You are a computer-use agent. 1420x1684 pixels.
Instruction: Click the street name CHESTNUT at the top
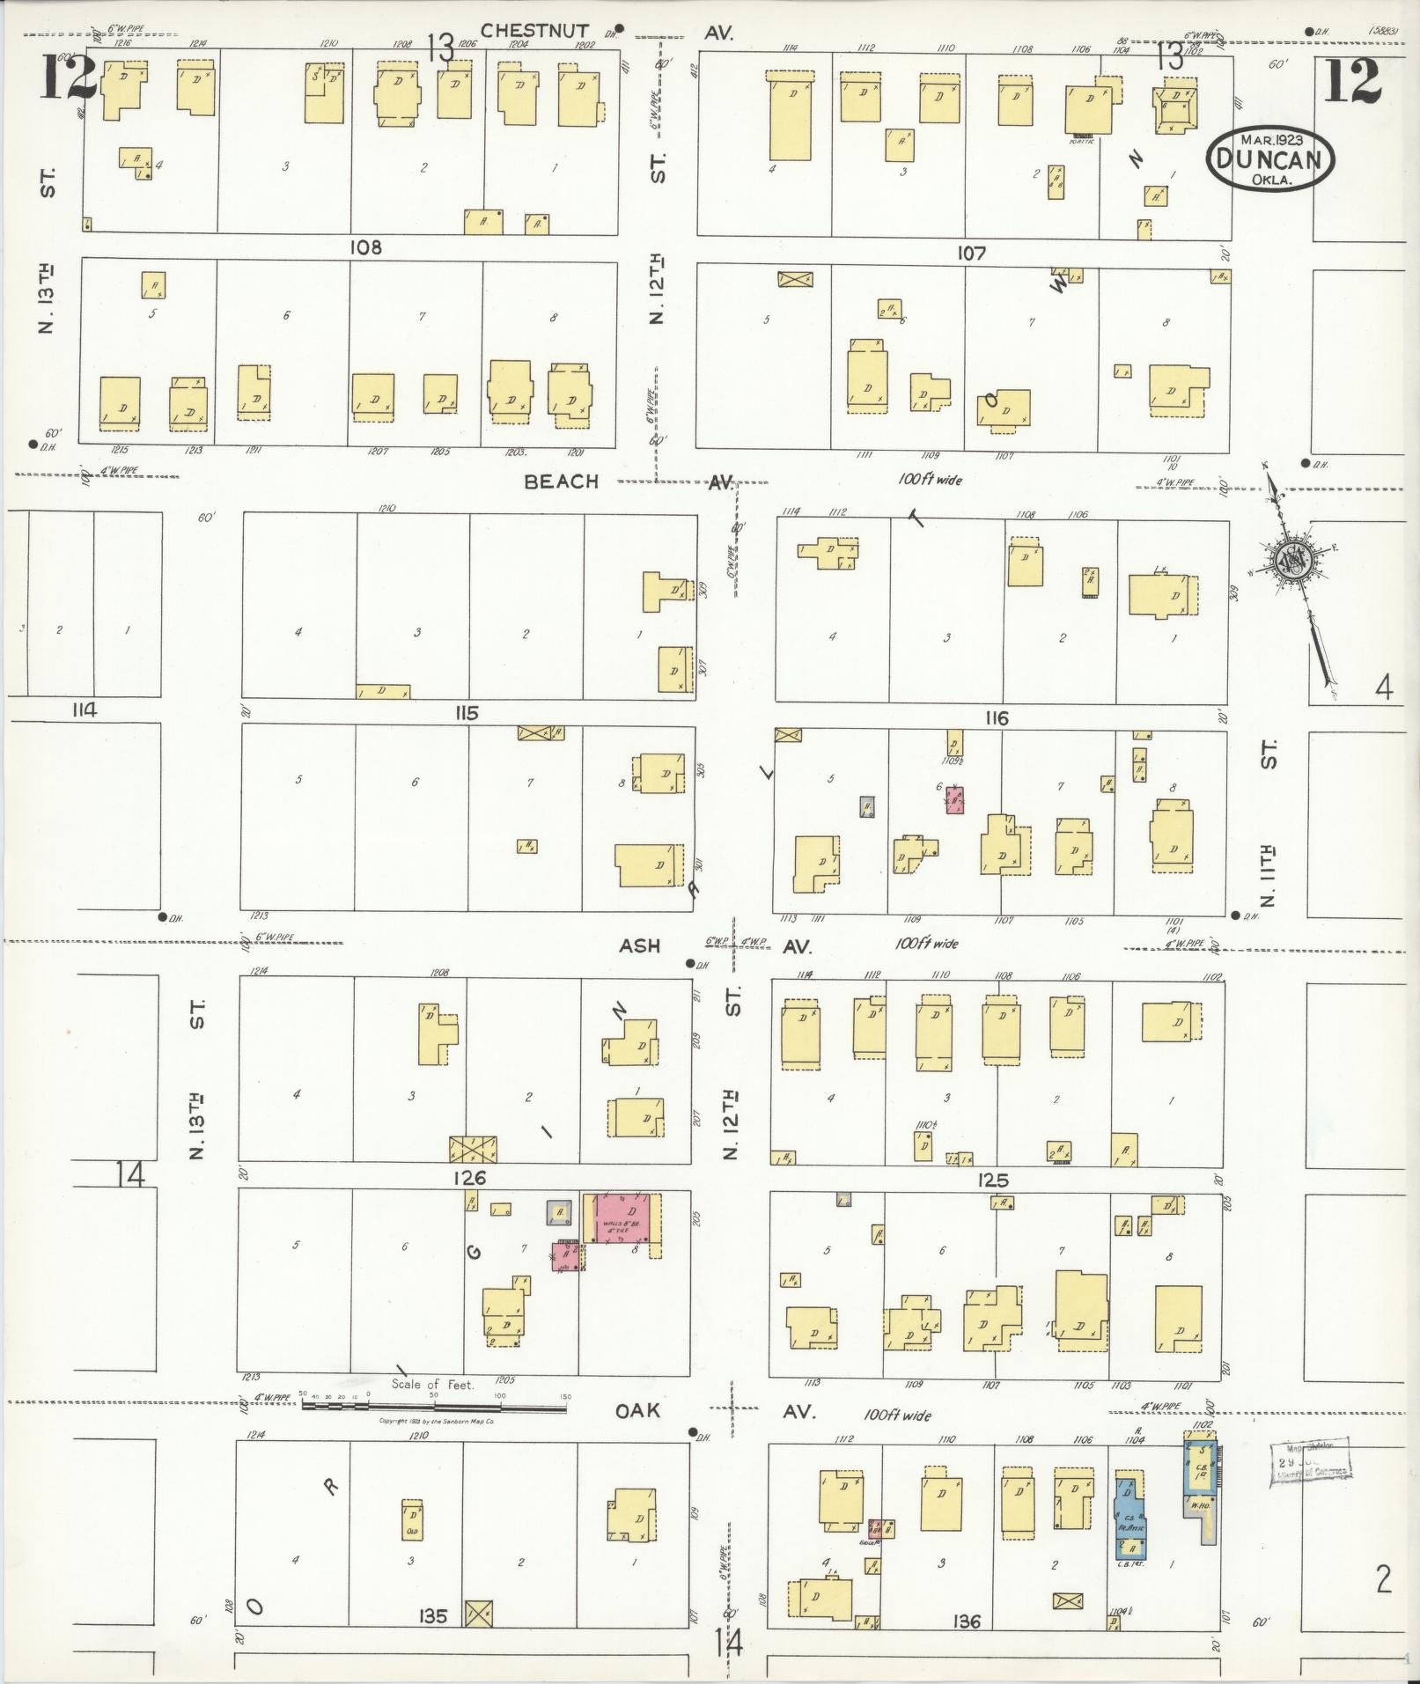tap(534, 31)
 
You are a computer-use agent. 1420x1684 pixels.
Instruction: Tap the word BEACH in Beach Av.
tap(561, 482)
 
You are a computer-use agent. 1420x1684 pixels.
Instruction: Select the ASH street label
tap(639, 945)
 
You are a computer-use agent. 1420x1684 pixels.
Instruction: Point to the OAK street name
tap(638, 1411)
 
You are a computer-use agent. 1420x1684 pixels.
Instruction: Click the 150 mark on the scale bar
tap(565, 1396)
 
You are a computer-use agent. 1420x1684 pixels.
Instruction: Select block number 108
tap(365, 247)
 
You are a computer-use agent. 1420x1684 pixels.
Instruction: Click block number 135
tap(434, 1616)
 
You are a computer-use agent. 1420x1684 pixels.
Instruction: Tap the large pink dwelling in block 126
tap(622, 1218)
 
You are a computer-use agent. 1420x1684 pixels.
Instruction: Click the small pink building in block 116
tap(954, 800)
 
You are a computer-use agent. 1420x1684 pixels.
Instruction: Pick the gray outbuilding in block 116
tap(867, 806)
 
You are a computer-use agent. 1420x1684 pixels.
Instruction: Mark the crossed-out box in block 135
tap(478, 1613)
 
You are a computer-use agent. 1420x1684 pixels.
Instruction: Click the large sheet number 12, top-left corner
tap(67, 77)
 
